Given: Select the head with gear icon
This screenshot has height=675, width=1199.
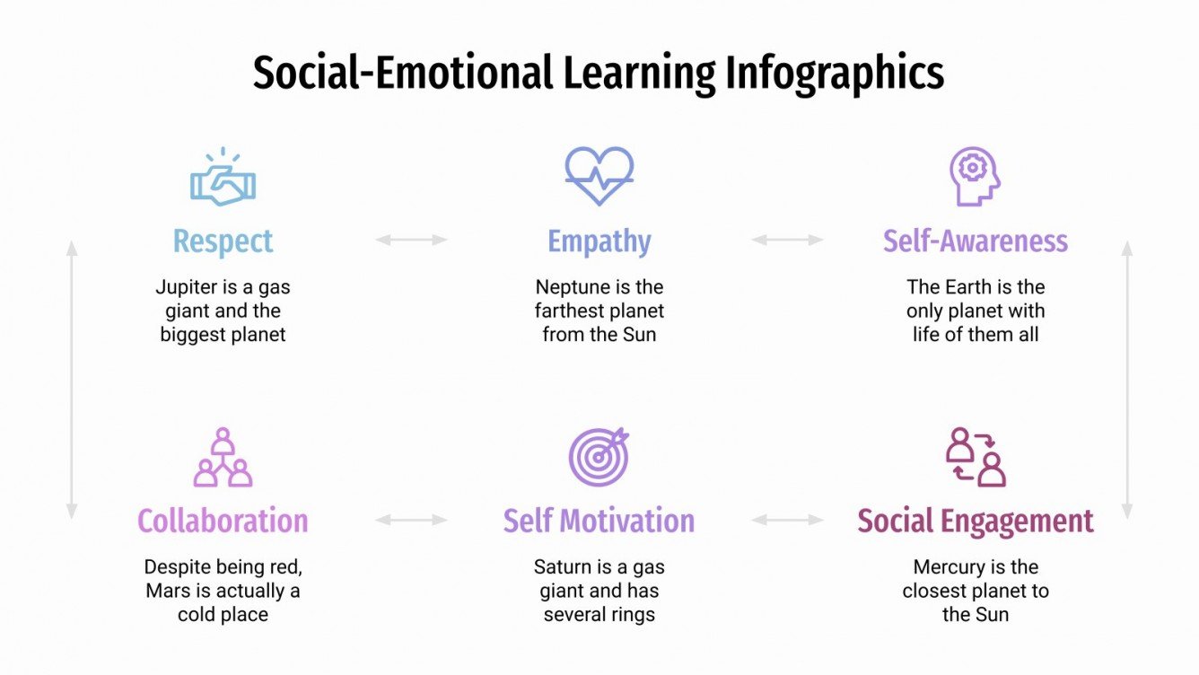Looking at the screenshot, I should [x=975, y=176].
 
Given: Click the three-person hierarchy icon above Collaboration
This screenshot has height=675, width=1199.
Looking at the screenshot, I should [x=223, y=458].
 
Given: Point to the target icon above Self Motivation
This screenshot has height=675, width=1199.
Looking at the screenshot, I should [x=599, y=457].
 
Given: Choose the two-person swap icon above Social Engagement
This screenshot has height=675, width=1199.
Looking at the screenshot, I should [x=976, y=457].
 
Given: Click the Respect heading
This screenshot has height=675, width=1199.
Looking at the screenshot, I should [x=223, y=241].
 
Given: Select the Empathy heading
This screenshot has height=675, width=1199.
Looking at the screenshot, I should [x=599, y=241].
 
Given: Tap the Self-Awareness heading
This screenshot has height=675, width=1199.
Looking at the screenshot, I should [x=976, y=241].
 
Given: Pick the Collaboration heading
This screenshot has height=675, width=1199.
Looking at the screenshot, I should [x=223, y=522].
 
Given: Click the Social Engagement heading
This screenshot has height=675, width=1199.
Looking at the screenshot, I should [x=976, y=522].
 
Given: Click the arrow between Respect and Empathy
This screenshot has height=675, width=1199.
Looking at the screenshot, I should [x=411, y=240].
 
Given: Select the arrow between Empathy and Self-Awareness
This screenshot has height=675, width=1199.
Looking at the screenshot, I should [x=787, y=240].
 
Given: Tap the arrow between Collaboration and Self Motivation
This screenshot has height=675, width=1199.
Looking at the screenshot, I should [x=411, y=520].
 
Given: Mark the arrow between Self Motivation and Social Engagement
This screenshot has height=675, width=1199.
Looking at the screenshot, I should [x=787, y=520].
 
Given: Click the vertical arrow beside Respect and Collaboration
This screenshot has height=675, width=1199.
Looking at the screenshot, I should [x=72, y=380].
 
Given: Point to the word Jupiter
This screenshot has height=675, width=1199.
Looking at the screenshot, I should [x=186, y=288].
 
